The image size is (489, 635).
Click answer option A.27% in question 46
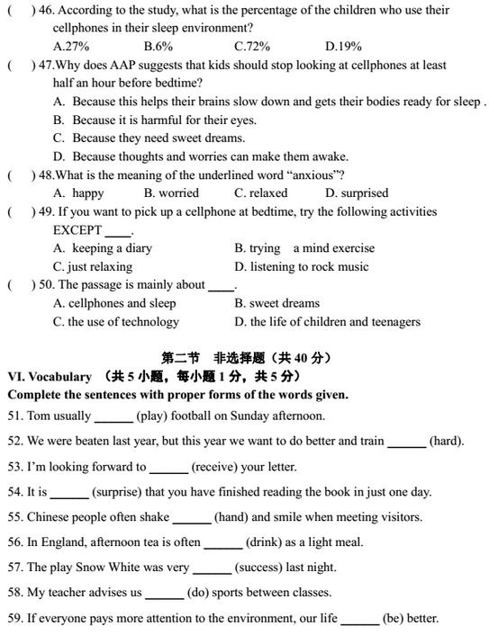71,46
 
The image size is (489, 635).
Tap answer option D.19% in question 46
343,46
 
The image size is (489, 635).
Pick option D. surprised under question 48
357,192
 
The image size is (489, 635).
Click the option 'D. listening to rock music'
302,266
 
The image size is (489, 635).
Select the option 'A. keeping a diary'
102,248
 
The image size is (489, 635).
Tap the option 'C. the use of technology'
115,321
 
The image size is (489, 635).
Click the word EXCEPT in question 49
77,230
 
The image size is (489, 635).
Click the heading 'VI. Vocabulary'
49,377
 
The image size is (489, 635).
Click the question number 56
15,542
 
